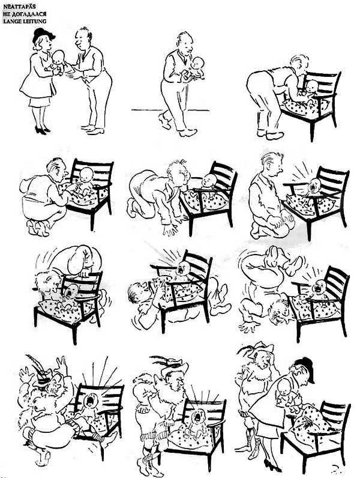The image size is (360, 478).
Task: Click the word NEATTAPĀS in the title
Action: click(x=19, y=7)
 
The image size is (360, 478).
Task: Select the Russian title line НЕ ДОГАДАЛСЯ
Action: click(x=25, y=14)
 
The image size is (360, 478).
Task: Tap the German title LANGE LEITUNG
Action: click(x=25, y=21)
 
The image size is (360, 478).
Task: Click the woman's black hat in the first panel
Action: click(x=43, y=35)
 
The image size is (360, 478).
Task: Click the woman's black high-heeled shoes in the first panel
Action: click(x=41, y=130)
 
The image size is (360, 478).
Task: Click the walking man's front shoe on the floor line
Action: click(x=188, y=133)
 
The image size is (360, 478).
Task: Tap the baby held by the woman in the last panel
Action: click(x=287, y=393)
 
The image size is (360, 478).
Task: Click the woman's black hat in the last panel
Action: click(x=305, y=368)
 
